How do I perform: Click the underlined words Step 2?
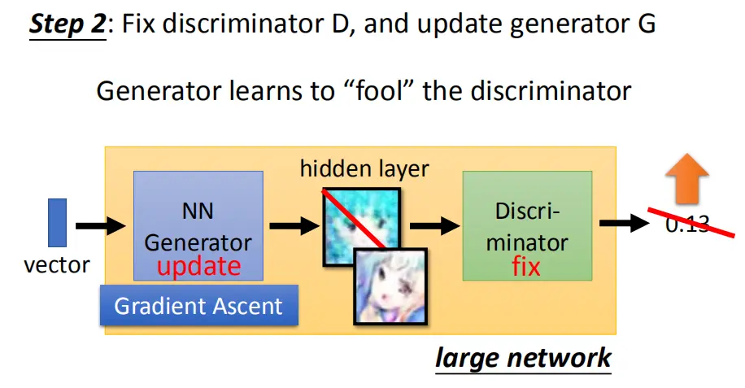pyautogui.click(x=68, y=24)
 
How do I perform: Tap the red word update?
pyautogui.click(x=198, y=267)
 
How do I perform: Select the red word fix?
pyautogui.click(x=526, y=267)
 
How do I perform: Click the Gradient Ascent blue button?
pyautogui.click(x=199, y=305)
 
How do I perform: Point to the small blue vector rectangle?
pyautogui.click(x=58, y=223)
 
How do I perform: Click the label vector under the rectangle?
pyautogui.click(x=57, y=265)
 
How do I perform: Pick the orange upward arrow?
pyautogui.click(x=687, y=179)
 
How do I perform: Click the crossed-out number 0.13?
pyautogui.click(x=687, y=224)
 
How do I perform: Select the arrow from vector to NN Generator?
pyautogui.click(x=101, y=225)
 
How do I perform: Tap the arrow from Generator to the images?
pyautogui.click(x=294, y=225)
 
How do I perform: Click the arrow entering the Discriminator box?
pyautogui.click(x=435, y=225)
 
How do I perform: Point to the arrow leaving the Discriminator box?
pyautogui.click(x=625, y=223)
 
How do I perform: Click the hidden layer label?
pyautogui.click(x=364, y=168)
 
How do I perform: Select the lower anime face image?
pyautogui.click(x=390, y=286)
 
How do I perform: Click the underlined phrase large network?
pyautogui.click(x=523, y=358)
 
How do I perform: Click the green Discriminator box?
pyautogui.click(x=527, y=225)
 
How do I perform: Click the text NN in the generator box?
pyautogui.click(x=198, y=211)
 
